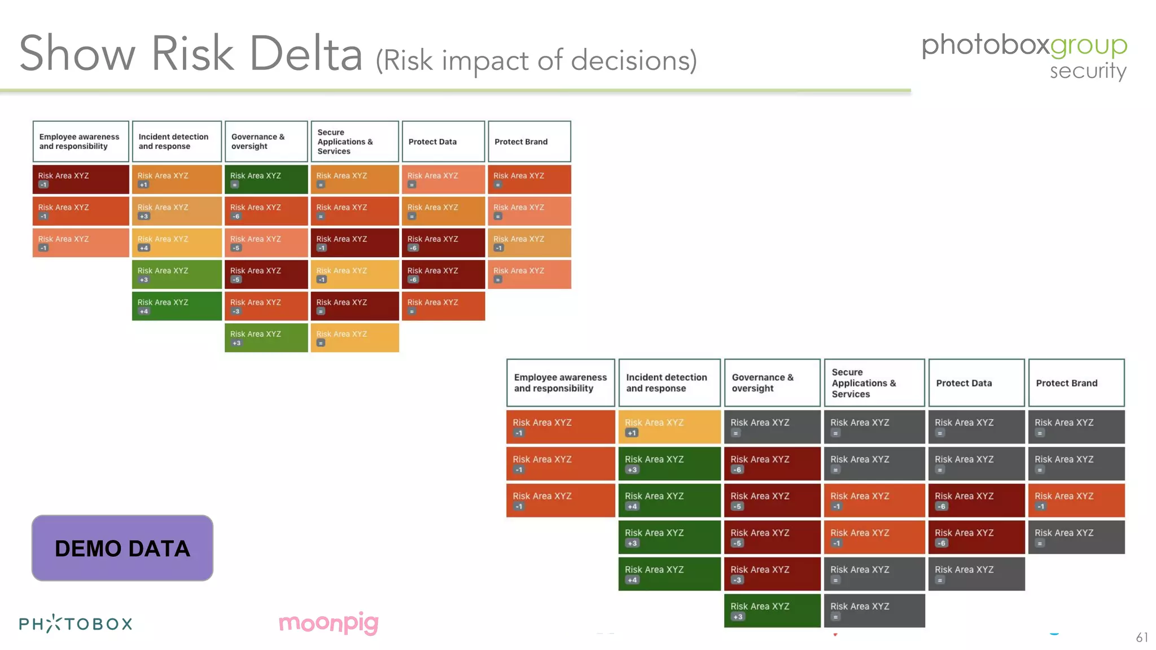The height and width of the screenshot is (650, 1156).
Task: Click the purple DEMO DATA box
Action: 122,548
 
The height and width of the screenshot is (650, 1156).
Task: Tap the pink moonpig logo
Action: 329,623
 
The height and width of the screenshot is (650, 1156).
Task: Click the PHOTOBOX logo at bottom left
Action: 76,623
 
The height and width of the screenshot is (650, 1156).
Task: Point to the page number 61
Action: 1141,637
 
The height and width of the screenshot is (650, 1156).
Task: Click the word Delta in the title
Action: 306,54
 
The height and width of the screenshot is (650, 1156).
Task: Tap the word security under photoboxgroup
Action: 1087,71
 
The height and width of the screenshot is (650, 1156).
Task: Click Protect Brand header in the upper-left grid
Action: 529,142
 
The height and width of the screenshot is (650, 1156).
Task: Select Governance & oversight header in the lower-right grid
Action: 772,383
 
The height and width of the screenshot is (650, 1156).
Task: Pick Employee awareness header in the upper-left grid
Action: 81,142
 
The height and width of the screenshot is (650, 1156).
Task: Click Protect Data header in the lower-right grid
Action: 976,383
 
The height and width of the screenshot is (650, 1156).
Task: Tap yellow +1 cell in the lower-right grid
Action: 669,427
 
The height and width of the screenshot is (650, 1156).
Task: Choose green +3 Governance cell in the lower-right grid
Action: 772,611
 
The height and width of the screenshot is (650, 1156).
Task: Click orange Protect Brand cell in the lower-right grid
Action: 1076,500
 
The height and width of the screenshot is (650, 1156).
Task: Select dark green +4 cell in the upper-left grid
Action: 177,306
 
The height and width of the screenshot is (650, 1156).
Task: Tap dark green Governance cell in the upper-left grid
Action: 266,179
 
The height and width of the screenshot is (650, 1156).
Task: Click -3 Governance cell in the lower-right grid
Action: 772,574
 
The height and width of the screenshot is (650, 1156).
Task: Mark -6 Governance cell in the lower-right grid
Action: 772,463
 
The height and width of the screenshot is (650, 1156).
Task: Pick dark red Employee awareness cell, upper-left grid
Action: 81,179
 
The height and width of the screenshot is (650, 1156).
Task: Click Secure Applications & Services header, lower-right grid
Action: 874,383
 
